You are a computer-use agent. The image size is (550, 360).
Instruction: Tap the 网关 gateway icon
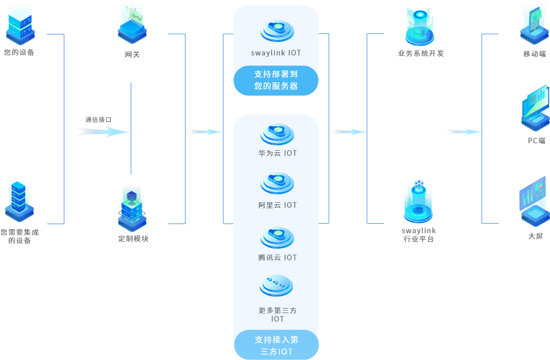132,23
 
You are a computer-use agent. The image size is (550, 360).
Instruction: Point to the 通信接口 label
98,120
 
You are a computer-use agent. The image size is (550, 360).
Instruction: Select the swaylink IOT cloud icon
276,30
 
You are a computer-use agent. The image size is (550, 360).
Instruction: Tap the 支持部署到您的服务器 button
276,80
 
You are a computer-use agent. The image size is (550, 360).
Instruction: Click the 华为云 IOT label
277,153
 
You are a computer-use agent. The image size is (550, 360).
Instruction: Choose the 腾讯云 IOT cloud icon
277,237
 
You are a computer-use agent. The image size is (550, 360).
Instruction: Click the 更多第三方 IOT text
277,315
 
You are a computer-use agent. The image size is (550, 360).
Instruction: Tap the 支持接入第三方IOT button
276,345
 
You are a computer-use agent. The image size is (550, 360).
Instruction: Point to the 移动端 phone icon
535,23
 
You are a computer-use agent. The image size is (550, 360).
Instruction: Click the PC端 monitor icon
535,108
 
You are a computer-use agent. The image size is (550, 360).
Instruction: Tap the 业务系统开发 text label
421,53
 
